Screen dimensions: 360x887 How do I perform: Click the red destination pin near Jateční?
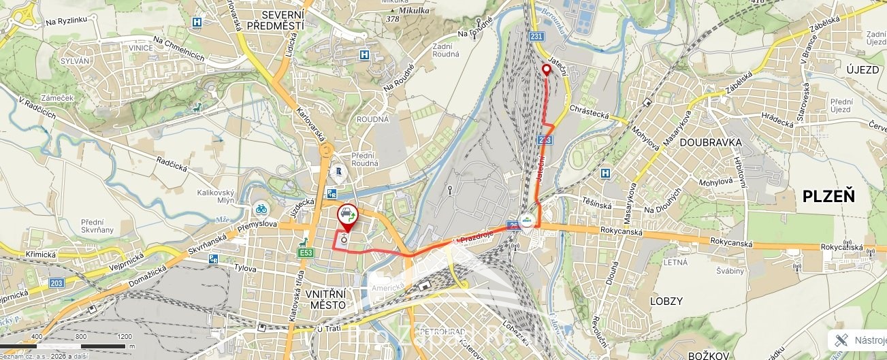tap(546, 69)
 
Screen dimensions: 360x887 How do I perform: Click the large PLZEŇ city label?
tap(828, 197)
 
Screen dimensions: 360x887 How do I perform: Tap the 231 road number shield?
tap(537, 36)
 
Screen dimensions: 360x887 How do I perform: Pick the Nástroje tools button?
tap(860, 340)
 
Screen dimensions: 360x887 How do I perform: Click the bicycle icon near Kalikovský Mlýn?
tap(260, 208)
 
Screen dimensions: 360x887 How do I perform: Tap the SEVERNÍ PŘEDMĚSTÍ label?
tap(274, 20)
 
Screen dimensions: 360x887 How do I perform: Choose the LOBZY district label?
tap(665, 300)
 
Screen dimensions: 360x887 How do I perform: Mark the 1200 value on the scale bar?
tap(124, 336)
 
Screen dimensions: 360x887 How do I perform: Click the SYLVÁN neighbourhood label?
tap(75, 61)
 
